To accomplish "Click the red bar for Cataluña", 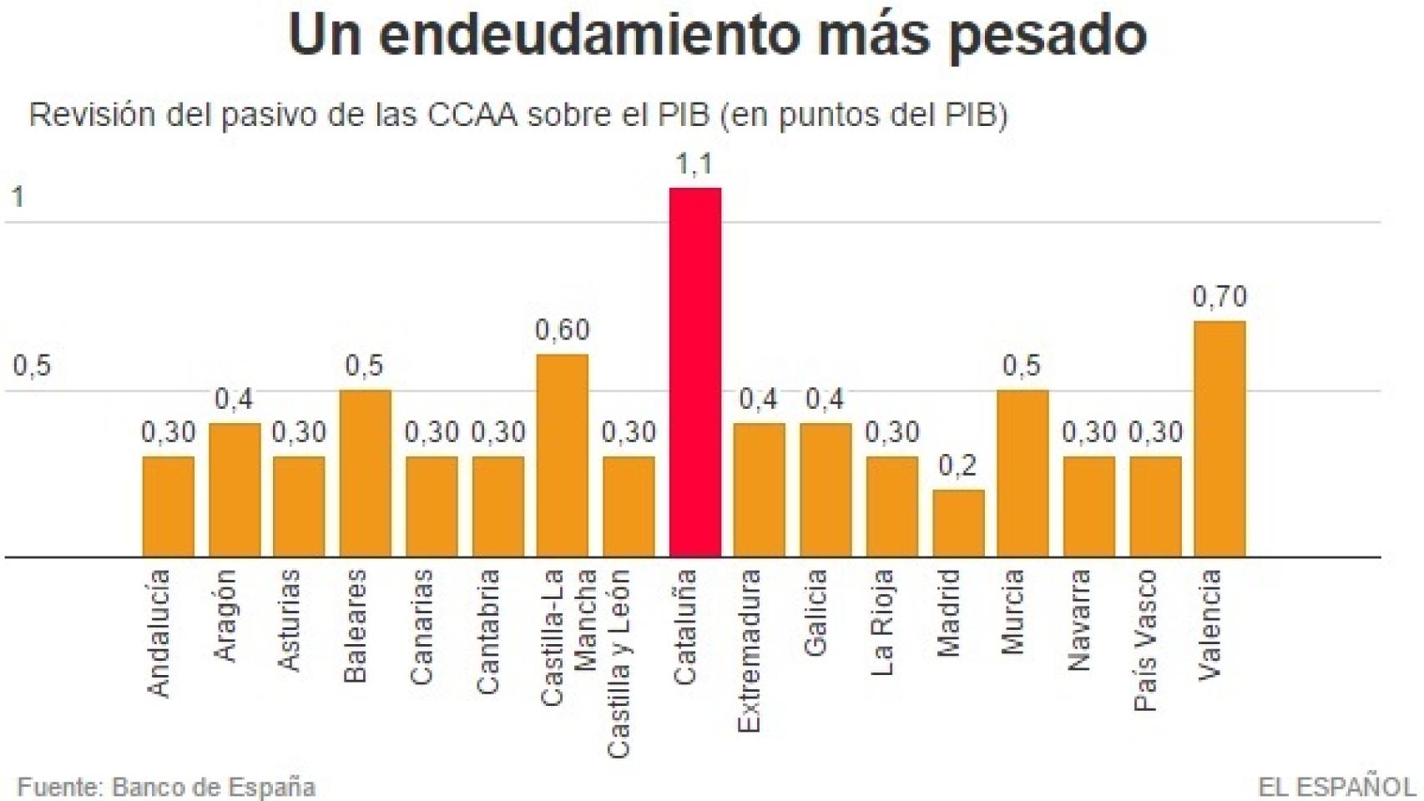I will (x=694, y=372).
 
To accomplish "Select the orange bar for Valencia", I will (x=1219, y=439).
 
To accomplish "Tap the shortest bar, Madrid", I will (x=957, y=523).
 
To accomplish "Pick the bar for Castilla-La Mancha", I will (x=562, y=456).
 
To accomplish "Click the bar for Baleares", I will (x=365, y=473).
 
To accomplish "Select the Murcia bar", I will (x=1023, y=473).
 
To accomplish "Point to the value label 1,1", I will (x=694, y=164).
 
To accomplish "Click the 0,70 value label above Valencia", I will (x=1219, y=297).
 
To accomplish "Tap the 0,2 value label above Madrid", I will (x=957, y=466).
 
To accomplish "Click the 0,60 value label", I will (x=562, y=330).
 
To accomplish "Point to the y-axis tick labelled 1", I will (x=18, y=198).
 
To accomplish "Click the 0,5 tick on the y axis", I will (x=32, y=365).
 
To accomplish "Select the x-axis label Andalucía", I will (x=159, y=632).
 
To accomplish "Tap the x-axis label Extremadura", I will (x=749, y=651).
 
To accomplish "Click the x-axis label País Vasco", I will (x=1145, y=640).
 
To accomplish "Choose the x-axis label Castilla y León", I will (x=618, y=664).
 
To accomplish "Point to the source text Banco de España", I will (x=213, y=787).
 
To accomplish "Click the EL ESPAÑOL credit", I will (x=1336, y=787).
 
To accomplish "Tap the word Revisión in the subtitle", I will (x=92, y=114).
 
